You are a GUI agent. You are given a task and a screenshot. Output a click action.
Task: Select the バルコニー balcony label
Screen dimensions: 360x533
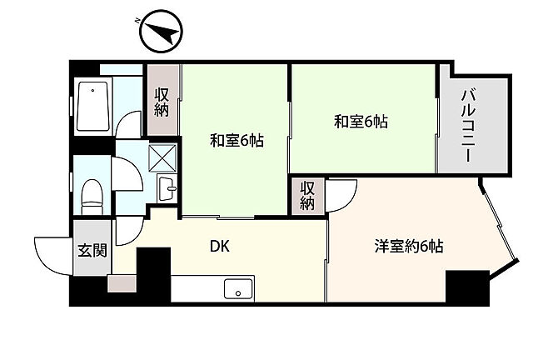(x=469, y=127)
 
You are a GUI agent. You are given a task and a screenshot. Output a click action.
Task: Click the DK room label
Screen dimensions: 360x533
(x=219, y=246)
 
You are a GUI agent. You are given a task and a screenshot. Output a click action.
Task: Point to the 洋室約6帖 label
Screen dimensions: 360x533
(x=408, y=246)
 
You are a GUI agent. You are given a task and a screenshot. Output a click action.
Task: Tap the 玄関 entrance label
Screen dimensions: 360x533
(x=92, y=249)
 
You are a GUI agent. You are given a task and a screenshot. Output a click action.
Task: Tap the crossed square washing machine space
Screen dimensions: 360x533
(x=163, y=157)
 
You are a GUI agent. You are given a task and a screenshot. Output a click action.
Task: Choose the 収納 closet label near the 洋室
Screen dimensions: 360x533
(x=308, y=196)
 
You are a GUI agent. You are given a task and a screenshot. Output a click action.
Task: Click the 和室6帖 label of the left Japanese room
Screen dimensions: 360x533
(x=236, y=141)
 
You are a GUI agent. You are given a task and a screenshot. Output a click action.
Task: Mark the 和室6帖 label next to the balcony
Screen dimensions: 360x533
(x=361, y=122)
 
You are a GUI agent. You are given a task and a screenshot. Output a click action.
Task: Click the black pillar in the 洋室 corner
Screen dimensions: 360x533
(x=466, y=287)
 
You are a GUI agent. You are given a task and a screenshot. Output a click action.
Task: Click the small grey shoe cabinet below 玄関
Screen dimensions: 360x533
(x=120, y=283)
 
